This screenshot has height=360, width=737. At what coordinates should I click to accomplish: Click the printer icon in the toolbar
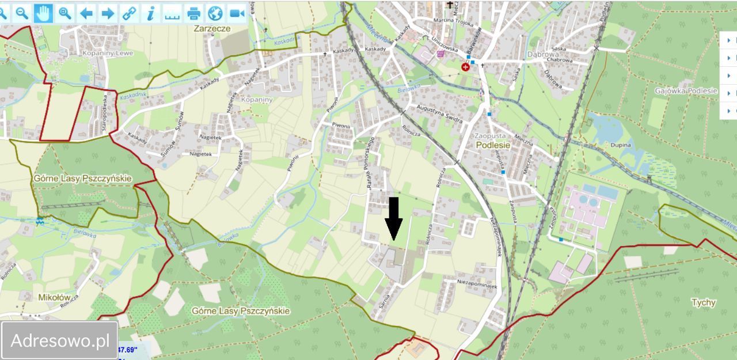click(193, 13)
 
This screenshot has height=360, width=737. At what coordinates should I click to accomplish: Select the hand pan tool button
click(43, 13)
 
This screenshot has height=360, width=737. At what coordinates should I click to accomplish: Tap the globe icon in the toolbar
click(215, 13)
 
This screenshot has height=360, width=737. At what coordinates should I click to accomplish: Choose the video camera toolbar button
click(237, 13)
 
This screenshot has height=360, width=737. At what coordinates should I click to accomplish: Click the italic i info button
click(151, 13)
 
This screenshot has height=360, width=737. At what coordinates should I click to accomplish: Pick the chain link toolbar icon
click(130, 13)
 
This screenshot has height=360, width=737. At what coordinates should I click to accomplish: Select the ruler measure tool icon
click(172, 13)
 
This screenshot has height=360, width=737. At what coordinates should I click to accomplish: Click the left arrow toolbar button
click(86, 13)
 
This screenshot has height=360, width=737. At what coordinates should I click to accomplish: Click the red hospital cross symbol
click(465, 67)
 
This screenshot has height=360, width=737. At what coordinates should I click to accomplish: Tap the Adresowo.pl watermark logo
click(60, 340)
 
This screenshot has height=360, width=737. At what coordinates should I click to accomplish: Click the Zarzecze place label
click(212, 28)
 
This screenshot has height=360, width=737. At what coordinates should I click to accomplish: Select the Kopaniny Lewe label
click(107, 53)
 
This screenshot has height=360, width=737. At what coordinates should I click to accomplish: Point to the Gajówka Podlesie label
click(686, 90)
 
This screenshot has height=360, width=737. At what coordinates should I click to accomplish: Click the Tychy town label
click(704, 302)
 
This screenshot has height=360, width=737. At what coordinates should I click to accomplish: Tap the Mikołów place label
click(54, 297)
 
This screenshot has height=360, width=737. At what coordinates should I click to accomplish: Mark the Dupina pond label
click(621, 145)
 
